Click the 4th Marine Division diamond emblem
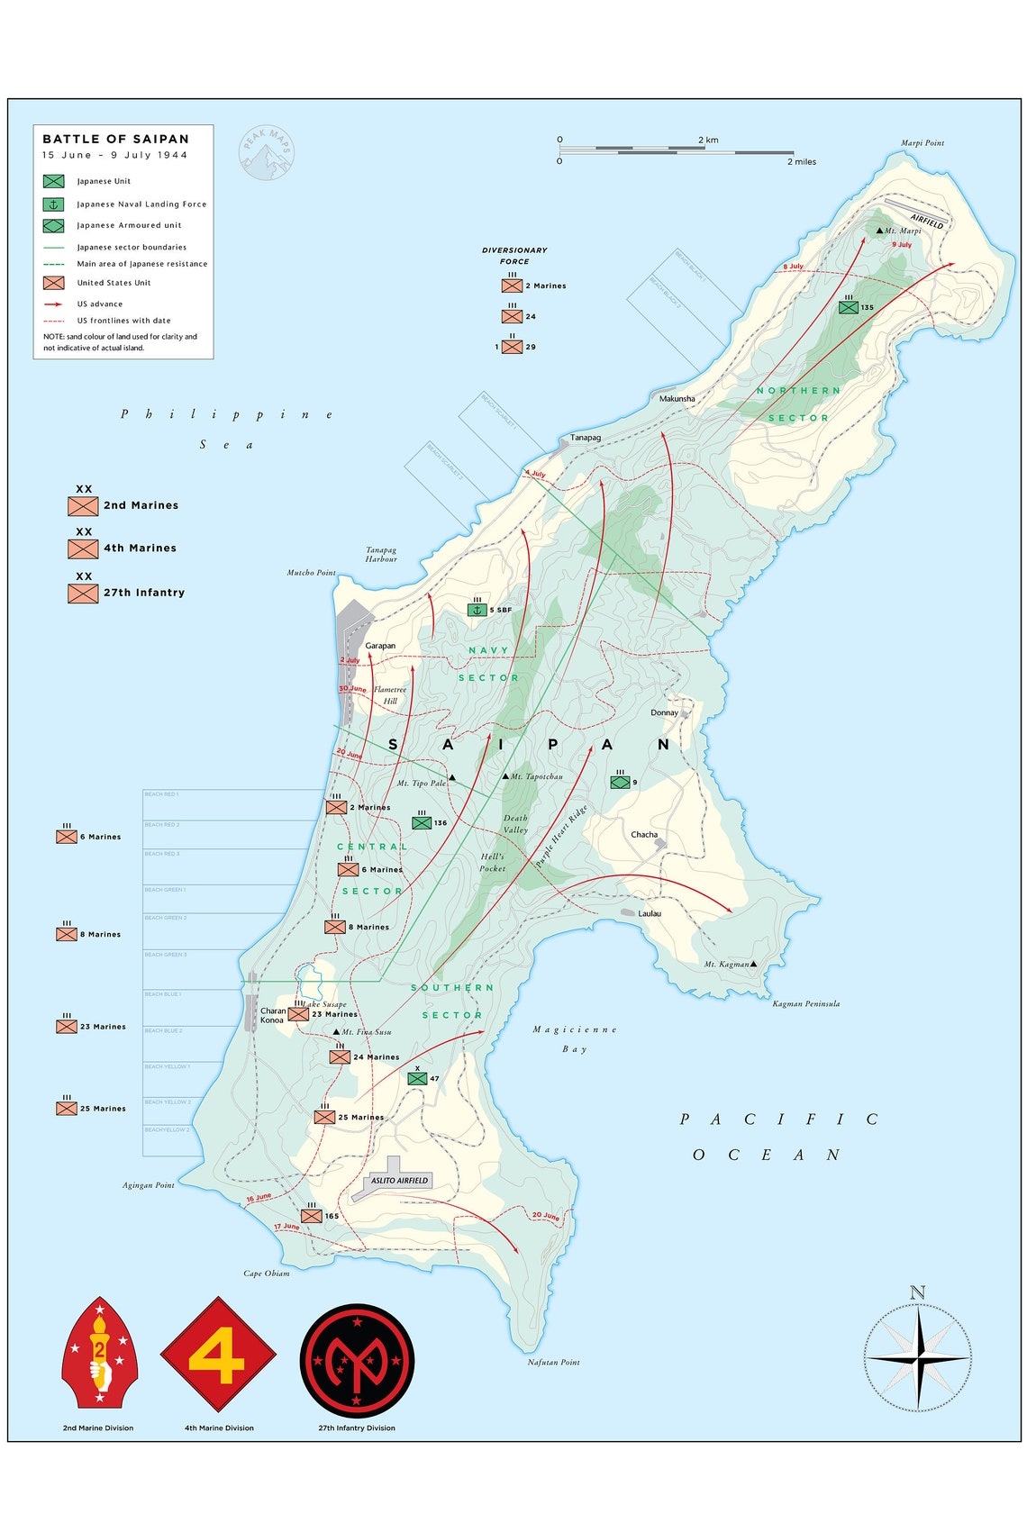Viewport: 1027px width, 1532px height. (218, 1355)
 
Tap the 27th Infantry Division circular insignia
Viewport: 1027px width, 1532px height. (357, 1360)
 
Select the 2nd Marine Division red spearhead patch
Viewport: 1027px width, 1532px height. (99, 1353)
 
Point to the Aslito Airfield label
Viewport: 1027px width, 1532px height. (399, 1180)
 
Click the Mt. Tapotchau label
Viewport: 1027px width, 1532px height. (536, 776)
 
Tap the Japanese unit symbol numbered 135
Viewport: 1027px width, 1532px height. (848, 307)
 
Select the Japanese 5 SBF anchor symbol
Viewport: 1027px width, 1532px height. (477, 610)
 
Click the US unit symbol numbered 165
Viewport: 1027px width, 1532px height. (311, 1216)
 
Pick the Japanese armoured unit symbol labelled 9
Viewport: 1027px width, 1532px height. (620, 782)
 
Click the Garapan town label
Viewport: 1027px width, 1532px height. (380, 646)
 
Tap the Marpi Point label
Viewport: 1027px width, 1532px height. (922, 143)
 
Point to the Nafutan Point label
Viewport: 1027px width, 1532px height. (553, 1362)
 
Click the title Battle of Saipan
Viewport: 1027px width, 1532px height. (115, 139)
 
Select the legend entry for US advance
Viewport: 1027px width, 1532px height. (99, 304)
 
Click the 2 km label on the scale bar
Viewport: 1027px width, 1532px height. (707, 141)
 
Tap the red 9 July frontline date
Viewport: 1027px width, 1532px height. (902, 245)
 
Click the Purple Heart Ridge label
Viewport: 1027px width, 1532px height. (560, 837)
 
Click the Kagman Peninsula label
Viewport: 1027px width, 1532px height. (805, 1003)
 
